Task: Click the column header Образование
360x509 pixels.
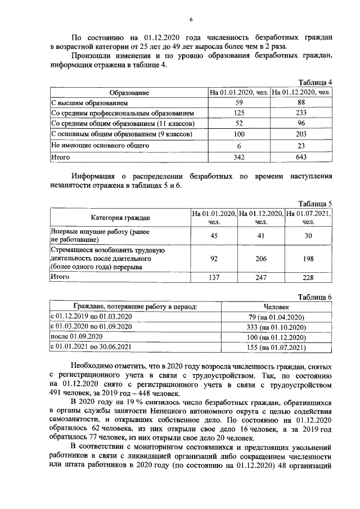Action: tap(129, 92)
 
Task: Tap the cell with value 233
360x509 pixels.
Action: tap(301, 114)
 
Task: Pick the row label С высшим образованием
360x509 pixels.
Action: tap(90, 103)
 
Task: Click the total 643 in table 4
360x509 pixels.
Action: tap(301, 157)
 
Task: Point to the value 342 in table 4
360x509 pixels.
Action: tap(239, 157)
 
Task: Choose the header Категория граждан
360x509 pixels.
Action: tap(120, 218)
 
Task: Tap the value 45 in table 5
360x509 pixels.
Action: tap(214, 236)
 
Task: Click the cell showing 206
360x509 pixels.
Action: tap(260, 258)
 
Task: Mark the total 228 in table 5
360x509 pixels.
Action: tap(308, 277)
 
